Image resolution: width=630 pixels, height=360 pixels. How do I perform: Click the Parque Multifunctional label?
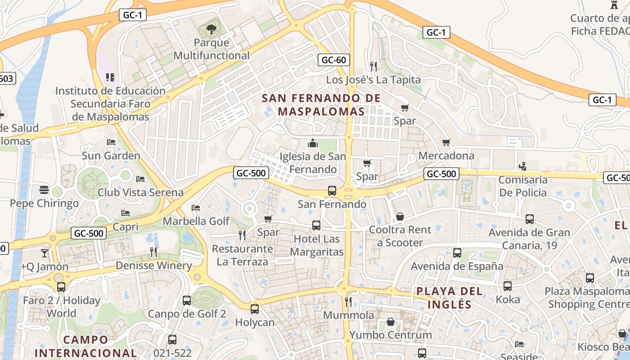pos(211,49)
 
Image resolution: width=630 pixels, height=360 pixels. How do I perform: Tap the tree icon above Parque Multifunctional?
pos(211,30)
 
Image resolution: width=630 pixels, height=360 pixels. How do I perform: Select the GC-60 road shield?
pos(333,60)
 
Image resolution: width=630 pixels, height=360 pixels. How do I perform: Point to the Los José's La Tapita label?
pos(373,80)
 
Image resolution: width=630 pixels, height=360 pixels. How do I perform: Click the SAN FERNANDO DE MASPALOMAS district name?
pos(321,104)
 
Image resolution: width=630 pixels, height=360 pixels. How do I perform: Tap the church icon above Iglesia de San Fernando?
pos(312,144)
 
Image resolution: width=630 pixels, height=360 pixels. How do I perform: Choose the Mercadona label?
pos(446,156)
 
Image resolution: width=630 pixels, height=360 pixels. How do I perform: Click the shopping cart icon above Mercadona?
pos(446,143)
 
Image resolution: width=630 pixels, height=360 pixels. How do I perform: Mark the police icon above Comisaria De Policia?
pos(522,166)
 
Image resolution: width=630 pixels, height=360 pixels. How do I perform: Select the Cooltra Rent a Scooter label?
pos(400,236)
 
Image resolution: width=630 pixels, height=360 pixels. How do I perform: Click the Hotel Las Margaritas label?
pos(316,245)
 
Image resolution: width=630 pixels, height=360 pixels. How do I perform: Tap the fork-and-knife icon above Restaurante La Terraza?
pos(242,235)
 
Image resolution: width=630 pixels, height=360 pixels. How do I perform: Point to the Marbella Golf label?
pos(196,221)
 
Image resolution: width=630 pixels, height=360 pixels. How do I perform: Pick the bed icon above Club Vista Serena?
pos(140,179)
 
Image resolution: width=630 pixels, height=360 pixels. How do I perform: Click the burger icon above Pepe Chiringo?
pos(44,190)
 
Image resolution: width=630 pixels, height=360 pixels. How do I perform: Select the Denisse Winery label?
pos(153,265)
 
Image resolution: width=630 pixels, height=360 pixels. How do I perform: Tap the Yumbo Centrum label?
pos(390,335)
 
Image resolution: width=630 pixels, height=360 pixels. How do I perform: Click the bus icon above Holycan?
pos(255,309)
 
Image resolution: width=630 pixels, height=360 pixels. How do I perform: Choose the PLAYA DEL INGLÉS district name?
pos(449,297)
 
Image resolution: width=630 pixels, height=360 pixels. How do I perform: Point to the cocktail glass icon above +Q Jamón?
pos(44,253)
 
